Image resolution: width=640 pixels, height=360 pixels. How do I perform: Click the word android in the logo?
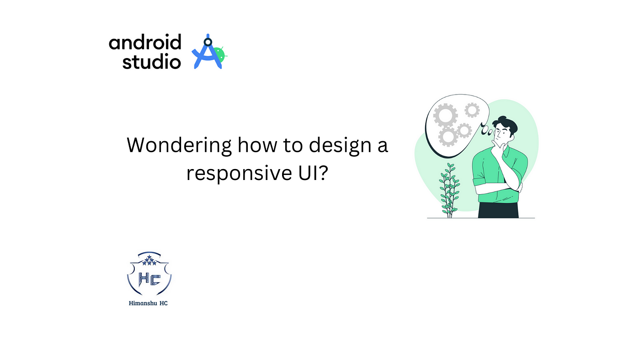tap(145, 42)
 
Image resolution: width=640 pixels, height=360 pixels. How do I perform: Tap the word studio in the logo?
tap(151, 61)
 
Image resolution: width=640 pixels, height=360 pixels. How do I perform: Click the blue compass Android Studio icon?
tap(208, 52)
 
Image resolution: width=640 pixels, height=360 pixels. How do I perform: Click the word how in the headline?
tap(257, 144)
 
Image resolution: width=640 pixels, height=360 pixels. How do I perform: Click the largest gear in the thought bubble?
tap(445, 115)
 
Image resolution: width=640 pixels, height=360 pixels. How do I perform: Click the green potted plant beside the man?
tap(449, 191)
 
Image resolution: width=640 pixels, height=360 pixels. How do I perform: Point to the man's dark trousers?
tap(498, 210)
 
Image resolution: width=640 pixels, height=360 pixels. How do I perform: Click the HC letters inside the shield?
tap(149, 279)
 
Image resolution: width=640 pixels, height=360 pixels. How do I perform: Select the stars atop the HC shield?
tap(149, 260)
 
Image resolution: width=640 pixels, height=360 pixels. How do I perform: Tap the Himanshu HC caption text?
tap(148, 303)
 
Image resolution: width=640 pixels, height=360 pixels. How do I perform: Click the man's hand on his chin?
tap(497, 146)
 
